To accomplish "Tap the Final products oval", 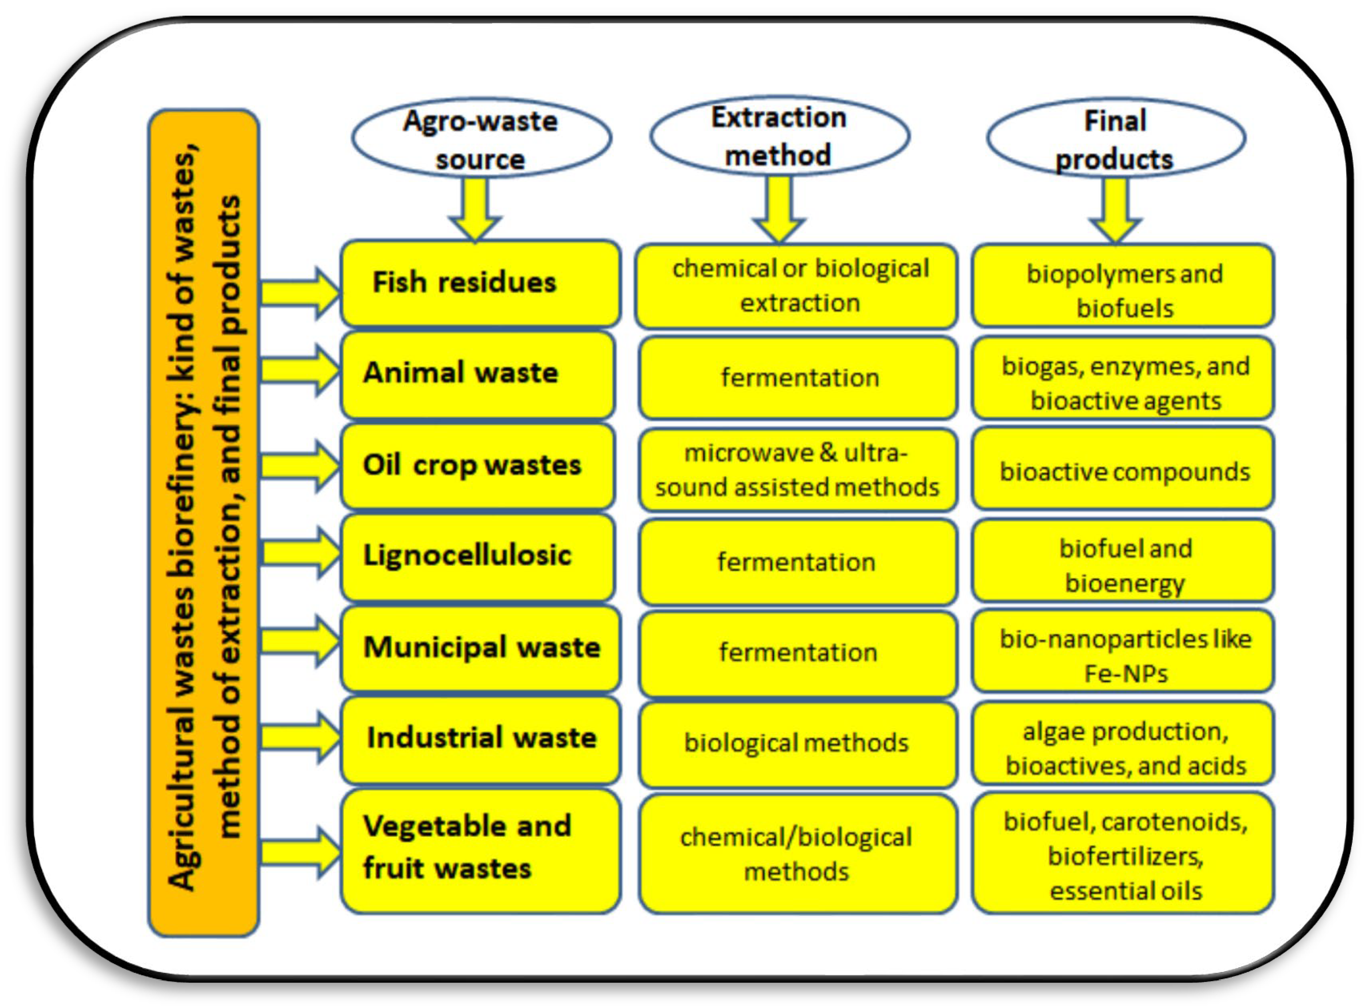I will click(x=1115, y=139).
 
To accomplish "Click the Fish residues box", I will click(x=480, y=283).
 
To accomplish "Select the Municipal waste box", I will click(x=480, y=647).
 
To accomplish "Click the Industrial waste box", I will click(x=480, y=739).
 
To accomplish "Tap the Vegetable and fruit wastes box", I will click(x=480, y=850).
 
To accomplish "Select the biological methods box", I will click(x=797, y=743).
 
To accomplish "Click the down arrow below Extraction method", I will click(x=779, y=210).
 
